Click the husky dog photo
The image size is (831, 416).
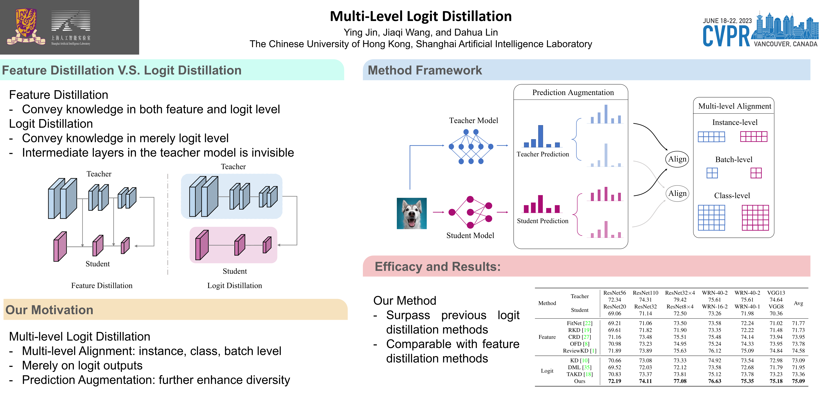(412, 214)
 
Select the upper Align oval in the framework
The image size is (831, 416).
(677, 159)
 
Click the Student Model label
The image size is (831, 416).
(470, 235)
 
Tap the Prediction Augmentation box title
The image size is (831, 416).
(573, 93)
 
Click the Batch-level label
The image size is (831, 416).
(734, 160)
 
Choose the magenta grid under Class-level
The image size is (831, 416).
(755, 218)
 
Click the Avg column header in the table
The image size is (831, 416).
(798, 303)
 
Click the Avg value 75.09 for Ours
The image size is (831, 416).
(798, 381)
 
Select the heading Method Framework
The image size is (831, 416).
(425, 70)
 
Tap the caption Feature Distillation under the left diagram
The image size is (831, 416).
(102, 286)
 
